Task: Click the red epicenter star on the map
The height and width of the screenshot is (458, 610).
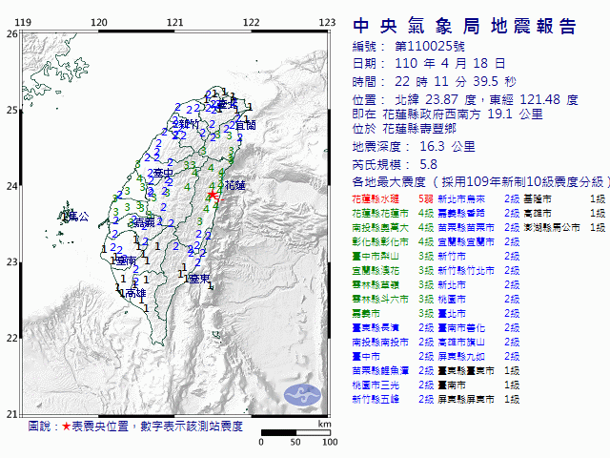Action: pyautogui.click(x=212, y=195)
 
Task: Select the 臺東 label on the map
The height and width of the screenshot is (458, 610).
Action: pyautogui.click(x=198, y=279)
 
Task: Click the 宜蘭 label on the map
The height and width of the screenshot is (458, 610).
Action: pyautogui.click(x=245, y=125)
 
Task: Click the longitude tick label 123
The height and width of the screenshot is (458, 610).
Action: pyautogui.click(x=326, y=22)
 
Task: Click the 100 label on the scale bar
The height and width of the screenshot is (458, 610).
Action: pyautogui.click(x=330, y=442)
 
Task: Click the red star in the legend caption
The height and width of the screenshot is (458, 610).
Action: pyautogui.click(x=67, y=426)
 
